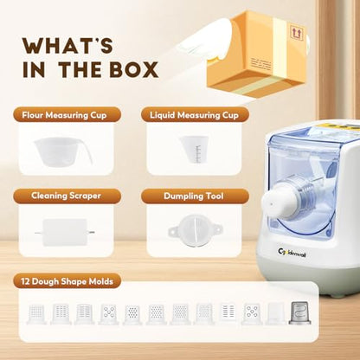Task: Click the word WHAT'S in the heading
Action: (67, 46)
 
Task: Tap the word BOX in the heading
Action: (134, 69)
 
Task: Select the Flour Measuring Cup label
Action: (64, 115)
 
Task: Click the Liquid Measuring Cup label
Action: (194, 115)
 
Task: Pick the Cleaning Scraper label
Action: (66, 196)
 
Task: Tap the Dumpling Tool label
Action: (194, 196)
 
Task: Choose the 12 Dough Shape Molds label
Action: (67, 281)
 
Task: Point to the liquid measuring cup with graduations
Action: (194, 149)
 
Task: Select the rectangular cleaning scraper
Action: (65, 232)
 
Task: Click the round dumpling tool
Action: (194, 231)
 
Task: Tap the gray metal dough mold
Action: (300, 313)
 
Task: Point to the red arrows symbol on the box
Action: (295, 32)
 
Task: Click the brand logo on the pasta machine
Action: (292, 253)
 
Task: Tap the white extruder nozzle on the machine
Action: (276, 202)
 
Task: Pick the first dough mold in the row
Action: (36, 314)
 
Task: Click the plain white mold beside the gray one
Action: (276, 313)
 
